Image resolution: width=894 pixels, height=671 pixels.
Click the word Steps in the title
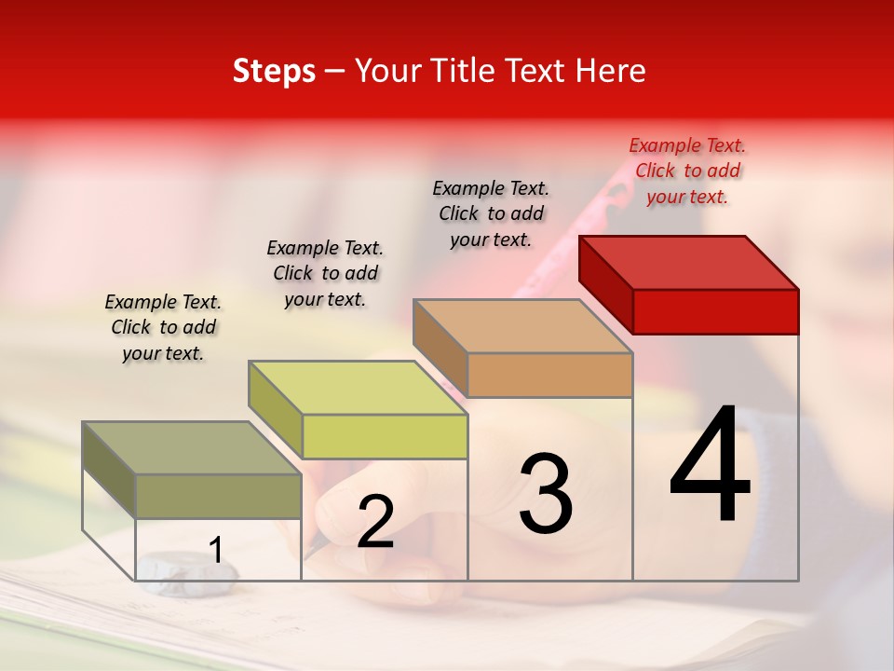[x=274, y=71]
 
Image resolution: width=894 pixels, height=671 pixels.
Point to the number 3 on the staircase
[x=545, y=494]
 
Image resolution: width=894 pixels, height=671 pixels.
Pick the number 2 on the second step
[x=375, y=523]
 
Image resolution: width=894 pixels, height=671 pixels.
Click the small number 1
[x=216, y=551]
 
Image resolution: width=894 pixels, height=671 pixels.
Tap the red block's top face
[x=689, y=262]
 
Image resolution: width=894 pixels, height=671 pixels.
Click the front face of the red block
[x=715, y=311]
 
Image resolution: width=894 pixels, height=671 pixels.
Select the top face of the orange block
[x=523, y=326]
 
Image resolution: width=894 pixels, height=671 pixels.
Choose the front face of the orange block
[x=549, y=375]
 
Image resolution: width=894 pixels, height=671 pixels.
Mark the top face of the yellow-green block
[x=358, y=388]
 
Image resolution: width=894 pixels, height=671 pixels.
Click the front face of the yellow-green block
[x=385, y=436]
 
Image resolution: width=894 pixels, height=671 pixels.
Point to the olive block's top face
[x=192, y=448]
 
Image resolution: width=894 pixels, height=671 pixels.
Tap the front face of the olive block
[x=218, y=496]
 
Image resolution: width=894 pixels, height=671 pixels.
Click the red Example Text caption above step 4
[x=687, y=171]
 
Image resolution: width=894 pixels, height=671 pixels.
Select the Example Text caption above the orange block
[x=491, y=213]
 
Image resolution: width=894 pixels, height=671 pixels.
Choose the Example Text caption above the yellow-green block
[x=325, y=273]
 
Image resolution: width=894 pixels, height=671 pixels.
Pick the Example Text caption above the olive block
[x=163, y=327]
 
